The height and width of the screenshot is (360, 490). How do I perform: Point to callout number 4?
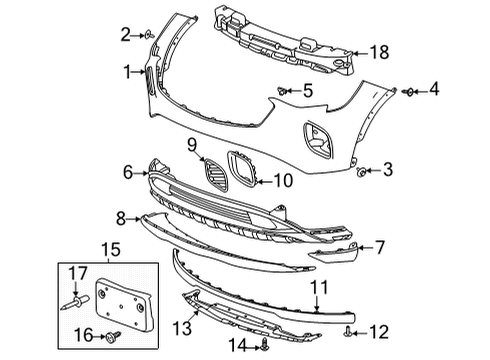pos(434,92)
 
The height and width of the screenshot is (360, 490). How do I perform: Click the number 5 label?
pos(308,91)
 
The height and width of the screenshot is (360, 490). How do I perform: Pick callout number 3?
pos(387,171)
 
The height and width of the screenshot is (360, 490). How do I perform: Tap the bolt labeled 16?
pos(115,333)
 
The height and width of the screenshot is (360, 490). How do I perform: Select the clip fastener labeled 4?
pos(410,92)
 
